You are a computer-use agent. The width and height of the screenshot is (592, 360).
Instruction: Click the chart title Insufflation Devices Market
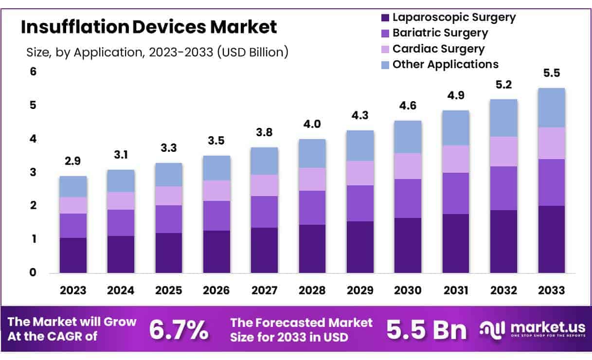click(149, 27)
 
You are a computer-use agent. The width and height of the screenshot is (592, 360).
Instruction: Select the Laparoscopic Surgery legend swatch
click(385, 18)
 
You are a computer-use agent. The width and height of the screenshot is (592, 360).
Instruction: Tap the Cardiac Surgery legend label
click(438, 49)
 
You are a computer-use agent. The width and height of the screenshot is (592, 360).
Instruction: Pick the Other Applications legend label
click(445, 64)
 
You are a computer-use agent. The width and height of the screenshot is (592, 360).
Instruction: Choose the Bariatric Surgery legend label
click(440, 33)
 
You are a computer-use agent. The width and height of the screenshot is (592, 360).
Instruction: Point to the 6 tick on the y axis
click(33, 72)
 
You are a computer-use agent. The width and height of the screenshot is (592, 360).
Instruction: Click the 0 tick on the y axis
click(33, 272)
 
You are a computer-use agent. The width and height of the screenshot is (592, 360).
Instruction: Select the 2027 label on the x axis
click(264, 290)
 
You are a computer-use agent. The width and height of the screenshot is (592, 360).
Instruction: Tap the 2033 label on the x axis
click(552, 290)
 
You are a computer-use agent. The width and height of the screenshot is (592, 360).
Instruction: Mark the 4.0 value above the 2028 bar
click(312, 124)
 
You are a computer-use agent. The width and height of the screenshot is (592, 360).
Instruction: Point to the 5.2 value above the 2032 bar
click(504, 84)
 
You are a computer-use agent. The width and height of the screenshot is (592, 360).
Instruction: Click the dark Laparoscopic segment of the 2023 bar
click(73, 255)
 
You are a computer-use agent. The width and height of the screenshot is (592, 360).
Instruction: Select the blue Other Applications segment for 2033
click(552, 108)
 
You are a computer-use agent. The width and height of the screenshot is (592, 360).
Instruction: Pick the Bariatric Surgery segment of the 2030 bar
click(408, 198)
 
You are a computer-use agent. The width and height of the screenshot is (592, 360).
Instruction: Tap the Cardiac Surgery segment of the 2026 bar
click(216, 190)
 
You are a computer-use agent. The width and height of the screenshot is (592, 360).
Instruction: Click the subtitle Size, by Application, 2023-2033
click(157, 52)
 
